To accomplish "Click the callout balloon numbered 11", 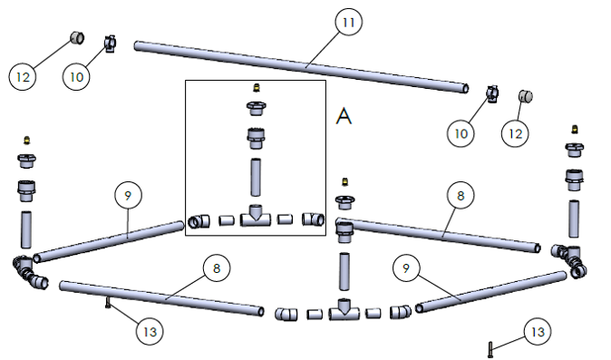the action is [x=348, y=22].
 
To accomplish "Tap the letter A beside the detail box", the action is [x=344, y=116].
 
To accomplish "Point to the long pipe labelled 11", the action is [x=301, y=67].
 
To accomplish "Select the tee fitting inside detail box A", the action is [x=256, y=216].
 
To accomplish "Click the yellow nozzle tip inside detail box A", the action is [x=257, y=88].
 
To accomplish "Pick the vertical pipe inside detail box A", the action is [x=256, y=177].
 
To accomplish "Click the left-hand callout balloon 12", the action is [x=23, y=77].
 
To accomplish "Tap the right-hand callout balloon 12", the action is [x=515, y=133].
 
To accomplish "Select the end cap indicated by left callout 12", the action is [x=77, y=38].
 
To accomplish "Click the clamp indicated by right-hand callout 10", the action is [x=492, y=94].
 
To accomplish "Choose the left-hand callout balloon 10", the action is [x=76, y=77].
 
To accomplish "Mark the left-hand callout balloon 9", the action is [x=128, y=195].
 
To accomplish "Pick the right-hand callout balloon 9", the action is [x=406, y=268].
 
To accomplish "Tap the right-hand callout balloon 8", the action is [x=461, y=195].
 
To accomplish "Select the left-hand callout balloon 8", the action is [x=217, y=268].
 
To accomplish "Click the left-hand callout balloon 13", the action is [x=150, y=332].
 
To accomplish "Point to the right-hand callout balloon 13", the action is [x=538, y=332].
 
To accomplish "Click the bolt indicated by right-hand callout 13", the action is [x=490, y=349].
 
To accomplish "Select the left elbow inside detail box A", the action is [x=199, y=221].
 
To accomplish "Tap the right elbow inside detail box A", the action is [x=314, y=219].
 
